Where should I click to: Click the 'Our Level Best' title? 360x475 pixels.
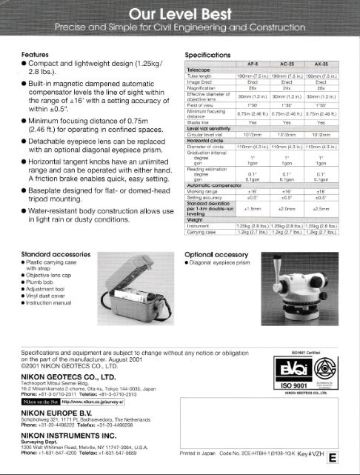(180, 14)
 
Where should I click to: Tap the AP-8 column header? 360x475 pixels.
(252, 64)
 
